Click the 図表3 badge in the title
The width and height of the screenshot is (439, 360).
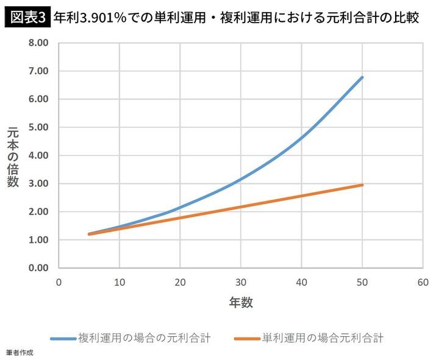[26, 17]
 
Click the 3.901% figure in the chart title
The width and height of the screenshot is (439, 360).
[102, 17]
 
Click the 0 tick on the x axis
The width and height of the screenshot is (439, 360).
[59, 282]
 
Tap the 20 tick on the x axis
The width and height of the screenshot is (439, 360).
[180, 282]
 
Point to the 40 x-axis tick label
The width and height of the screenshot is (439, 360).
[302, 282]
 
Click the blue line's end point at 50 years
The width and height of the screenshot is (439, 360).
[363, 77]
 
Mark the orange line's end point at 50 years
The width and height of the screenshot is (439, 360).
[363, 185]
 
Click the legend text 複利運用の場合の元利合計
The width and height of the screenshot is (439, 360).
[144, 337]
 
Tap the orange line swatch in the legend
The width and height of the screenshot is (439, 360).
[247, 337]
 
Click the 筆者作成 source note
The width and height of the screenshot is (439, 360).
[20, 353]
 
